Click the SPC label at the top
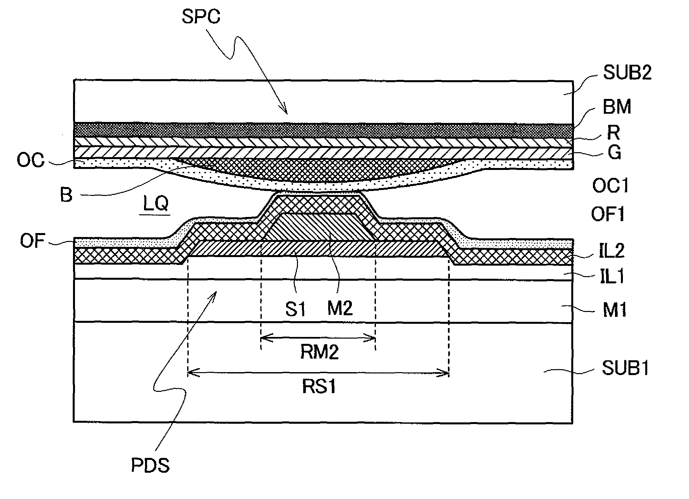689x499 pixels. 201,17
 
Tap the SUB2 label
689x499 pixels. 627,73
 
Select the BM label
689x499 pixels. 617,107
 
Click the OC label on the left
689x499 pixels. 31,160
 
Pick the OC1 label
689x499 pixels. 610,186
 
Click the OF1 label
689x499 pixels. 608,214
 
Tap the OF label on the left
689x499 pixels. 32,241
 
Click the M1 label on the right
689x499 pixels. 614,310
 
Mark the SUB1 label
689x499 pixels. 625,368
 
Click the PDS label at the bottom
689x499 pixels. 150,465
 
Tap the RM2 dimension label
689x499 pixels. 319,352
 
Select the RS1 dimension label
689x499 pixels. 319,387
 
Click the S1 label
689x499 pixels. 295,309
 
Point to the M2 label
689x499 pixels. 340,308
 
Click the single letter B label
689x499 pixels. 66,195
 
